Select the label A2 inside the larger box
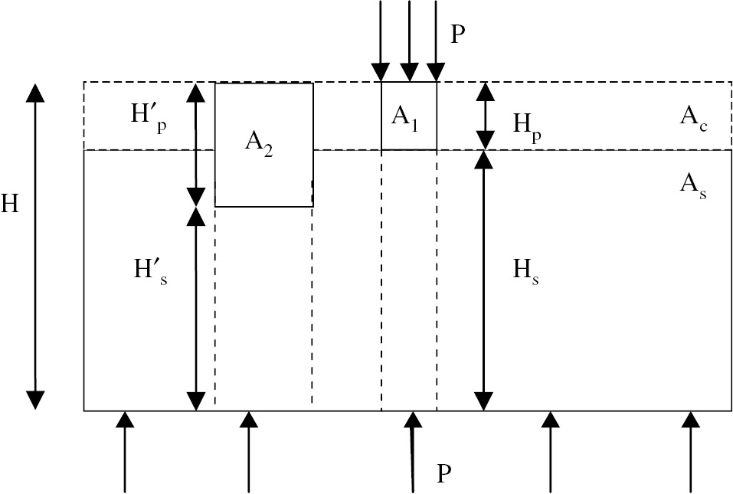pyautogui.click(x=259, y=143)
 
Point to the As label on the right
pyautogui.click(x=692, y=184)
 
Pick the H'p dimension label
pyautogui.click(x=148, y=118)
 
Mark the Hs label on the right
pyautogui.click(x=526, y=272)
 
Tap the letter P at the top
pyautogui.click(x=458, y=35)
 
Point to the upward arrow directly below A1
pyautogui.click(x=413, y=452)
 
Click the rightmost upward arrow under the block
pyautogui.click(x=691, y=452)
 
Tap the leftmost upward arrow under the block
pyautogui.click(x=125, y=452)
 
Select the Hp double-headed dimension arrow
pyautogui.click(x=484, y=116)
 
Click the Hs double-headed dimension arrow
pyautogui.click(x=483, y=280)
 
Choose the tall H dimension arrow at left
pyautogui.click(x=35, y=246)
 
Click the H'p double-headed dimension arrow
pyautogui.click(x=197, y=143)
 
